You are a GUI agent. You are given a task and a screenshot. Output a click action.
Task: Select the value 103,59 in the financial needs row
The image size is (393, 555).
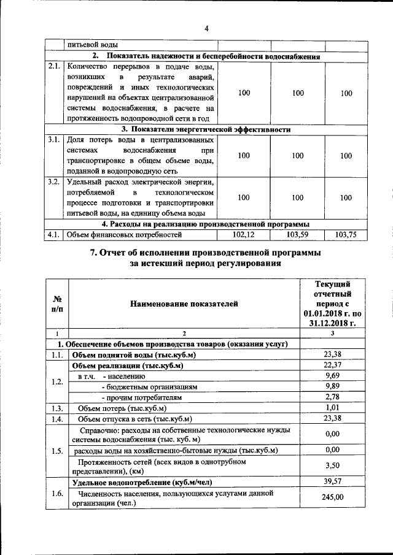tap(298, 234)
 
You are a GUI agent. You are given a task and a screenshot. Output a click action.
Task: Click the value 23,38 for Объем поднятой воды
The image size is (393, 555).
tap(332, 354)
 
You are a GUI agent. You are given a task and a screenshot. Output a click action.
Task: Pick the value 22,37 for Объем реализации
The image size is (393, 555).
tap(332, 366)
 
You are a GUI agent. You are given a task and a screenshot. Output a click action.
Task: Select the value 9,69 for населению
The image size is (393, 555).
tap(332, 376)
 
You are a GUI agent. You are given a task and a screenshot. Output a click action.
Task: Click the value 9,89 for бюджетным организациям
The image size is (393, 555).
tap(332, 387)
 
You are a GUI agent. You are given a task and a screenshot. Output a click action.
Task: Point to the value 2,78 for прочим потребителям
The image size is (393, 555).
tap(332, 397)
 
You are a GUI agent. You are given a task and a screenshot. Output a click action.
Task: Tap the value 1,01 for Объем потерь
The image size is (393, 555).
tap(332, 408)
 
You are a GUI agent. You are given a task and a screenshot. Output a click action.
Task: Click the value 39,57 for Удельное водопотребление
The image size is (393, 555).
tap(332, 483)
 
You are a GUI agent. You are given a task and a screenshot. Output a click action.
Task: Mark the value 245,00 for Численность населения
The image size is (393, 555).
tap(332, 498)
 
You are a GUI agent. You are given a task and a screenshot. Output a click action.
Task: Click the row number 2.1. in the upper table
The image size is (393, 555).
tap(55, 66)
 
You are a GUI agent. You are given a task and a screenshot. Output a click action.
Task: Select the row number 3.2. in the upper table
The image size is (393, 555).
tap(55, 182)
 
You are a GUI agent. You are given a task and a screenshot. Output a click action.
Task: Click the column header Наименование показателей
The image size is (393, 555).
tap(183, 304)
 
